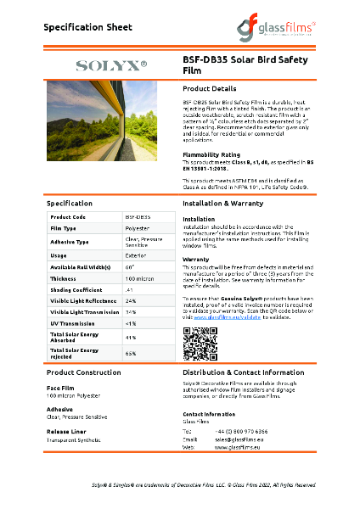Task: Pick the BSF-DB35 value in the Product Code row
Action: pyautogui.click(x=138, y=217)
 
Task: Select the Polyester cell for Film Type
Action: pyautogui.click(x=138, y=229)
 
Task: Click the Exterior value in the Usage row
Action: pyautogui.click(x=136, y=255)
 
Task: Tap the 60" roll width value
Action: pyautogui.click(x=130, y=267)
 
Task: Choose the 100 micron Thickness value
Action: pyautogui.click(x=138, y=278)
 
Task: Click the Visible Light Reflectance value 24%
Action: pyautogui.click(x=131, y=301)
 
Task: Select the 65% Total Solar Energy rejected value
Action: pyautogui.click(x=131, y=352)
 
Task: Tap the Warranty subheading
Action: pyautogui.click(x=195, y=259)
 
